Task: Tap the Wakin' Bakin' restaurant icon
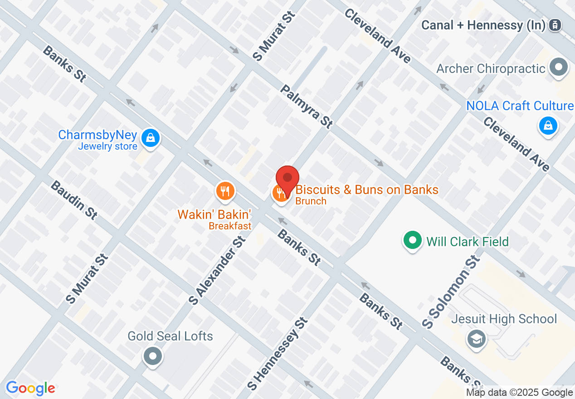(x=224, y=191)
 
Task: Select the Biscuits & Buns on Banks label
(x=367, y=189)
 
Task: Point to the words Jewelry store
(x=107, y=146)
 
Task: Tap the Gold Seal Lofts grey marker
(x=153, y=356)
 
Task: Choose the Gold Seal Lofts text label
(x=170, y=336)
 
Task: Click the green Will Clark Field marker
(x=412, y=240)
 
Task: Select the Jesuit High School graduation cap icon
(x=476, y=339)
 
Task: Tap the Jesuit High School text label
(x=504, y=319)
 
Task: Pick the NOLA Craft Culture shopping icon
(x=548, y=126)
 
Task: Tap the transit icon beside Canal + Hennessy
(x=554, y=25)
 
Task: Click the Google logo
(x=30, y=388)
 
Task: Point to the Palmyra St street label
(x=306, y=107)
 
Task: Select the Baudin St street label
(x=73, y=200)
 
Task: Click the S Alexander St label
(x=217, y=270)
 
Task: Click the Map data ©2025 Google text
(x=520, y=393)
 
